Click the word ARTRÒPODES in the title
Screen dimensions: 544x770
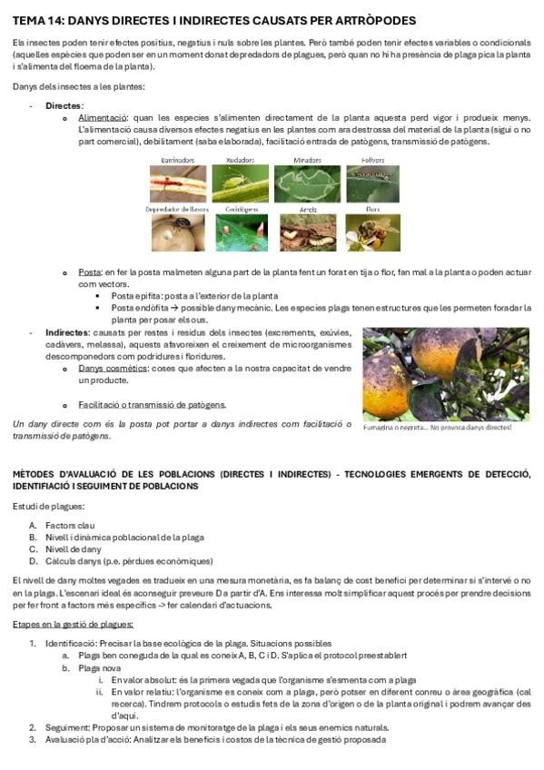pos(375,20)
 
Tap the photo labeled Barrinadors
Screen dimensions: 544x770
pos(177,183)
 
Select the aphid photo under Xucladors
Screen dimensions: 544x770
pos(240,183)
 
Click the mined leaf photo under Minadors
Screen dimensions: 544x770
pos(307,183)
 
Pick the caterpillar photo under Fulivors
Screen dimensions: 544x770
pos(372,183)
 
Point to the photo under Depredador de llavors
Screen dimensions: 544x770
pos(177,232)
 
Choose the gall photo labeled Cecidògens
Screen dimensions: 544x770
pos(240,232)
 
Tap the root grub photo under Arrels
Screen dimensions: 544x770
pos(307,232)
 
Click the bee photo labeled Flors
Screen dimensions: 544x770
pos(372,232)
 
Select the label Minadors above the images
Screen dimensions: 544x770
pos(307,160)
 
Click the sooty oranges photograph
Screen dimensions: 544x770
pos(445,374)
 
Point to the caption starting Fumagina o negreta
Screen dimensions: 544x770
pos(437,427)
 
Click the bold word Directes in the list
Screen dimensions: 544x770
pos(64,106)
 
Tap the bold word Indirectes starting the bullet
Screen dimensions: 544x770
pos(68,332)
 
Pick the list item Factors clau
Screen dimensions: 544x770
pos(70,526)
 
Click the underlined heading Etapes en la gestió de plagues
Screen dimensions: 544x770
pos(74,624)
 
